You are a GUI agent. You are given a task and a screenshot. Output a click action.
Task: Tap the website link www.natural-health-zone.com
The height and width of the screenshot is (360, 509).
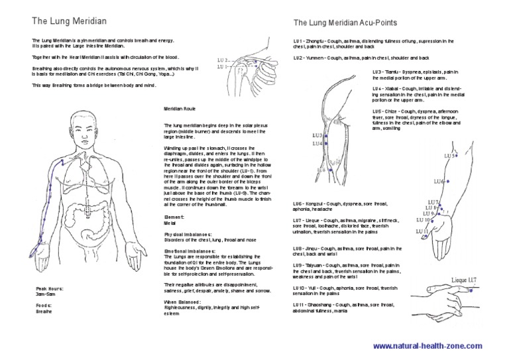pos(428,346)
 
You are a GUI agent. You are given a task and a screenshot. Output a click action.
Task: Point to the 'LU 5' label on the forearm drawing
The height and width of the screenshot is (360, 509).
pos(450,155)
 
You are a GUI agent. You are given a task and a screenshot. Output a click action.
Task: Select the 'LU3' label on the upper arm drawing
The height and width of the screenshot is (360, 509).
pos(317,136)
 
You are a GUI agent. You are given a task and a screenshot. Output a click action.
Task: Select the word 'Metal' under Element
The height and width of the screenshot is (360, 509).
pos(171,224)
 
